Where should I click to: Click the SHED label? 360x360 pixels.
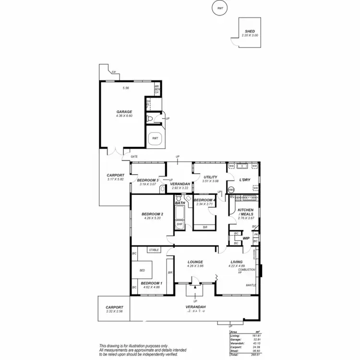tap(250, 31)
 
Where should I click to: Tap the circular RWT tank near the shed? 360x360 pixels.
tap(220, 8)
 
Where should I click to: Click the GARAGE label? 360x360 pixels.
tap(124, 112)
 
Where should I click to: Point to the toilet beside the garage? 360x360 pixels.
tap(151, 118)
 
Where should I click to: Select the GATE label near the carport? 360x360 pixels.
tap(134, 157)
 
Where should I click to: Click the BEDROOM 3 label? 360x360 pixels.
tap(148, 180)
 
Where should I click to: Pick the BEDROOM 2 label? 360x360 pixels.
tap(153, 214)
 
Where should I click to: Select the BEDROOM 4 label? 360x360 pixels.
tap(204, 200)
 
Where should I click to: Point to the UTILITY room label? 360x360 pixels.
tap(211, 177)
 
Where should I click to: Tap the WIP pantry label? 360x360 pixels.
tap(246, 238)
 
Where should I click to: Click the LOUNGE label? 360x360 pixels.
tap(196, 262)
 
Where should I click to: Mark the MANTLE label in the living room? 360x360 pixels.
tap(251, 285)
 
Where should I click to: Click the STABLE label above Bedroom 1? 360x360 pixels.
tap(154, 250)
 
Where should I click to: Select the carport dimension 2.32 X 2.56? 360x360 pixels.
tap(114, 312)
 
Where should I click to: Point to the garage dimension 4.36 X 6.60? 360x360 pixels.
tap(124, 116)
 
